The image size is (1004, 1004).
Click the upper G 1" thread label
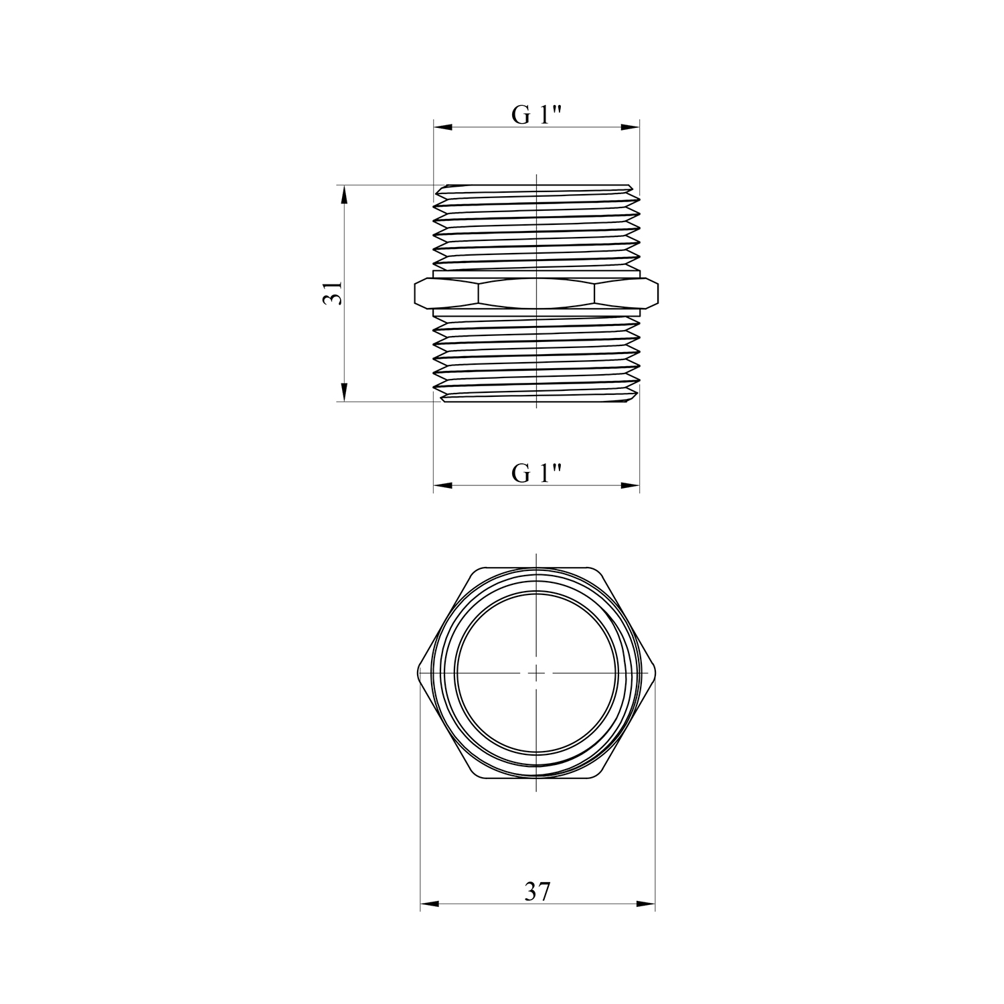click(x=537, y=115)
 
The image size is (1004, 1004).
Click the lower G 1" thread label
click(x=537, y=473)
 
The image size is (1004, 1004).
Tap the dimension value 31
click(x=333, y=293)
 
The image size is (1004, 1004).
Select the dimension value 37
click(x=537, y=892)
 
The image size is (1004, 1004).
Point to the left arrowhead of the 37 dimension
click(x=429, y=904)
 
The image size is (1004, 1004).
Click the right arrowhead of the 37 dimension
click(x=645, y=904)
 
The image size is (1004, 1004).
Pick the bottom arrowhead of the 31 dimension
click(x=345, y=392)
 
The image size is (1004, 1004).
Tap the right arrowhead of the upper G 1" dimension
click(x=631, y=127)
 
